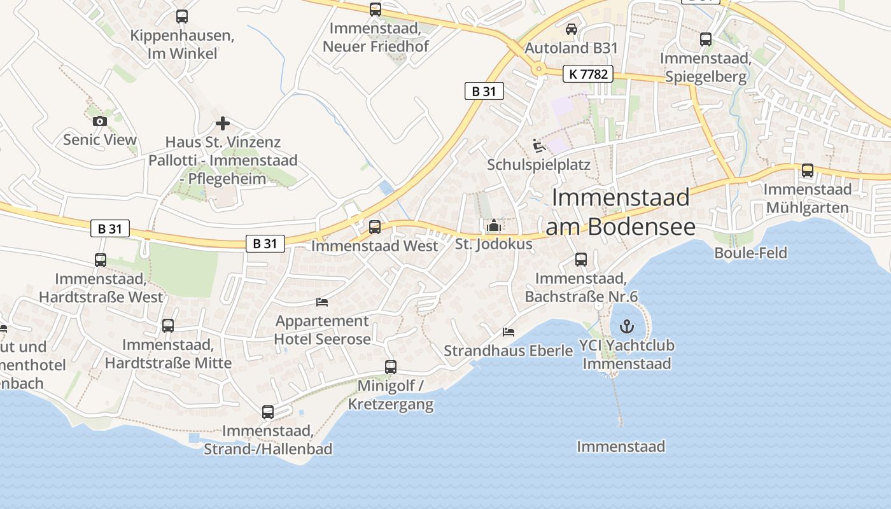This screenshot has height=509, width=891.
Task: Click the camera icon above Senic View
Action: [x=99, y=121]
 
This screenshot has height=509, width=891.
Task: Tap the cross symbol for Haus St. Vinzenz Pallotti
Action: [x=222, y=123]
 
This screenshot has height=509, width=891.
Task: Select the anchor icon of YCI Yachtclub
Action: [x=628, y=327]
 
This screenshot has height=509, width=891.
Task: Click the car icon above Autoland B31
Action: [x=571, y=29]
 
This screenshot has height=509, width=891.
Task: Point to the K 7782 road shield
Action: [x=587, y=74]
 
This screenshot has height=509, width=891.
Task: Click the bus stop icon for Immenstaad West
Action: [x=375, y=227]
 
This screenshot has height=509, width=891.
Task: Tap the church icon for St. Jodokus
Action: [x=493, y=225]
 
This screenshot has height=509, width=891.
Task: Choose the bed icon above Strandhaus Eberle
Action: [x=508, y=331]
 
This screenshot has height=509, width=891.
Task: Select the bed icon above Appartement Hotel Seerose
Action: [x=322, y=302]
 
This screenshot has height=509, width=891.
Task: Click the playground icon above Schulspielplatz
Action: [x=539, y=146]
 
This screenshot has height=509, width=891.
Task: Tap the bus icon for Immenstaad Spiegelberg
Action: [x=706, y=39]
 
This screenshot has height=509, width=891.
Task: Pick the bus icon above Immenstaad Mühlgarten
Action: [x=807, y=171]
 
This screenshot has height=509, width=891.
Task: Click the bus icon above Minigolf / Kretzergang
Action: [x=391, y=367]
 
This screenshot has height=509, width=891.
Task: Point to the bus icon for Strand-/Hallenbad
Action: [x=268, y=412]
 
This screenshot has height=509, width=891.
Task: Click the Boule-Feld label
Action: [x=750, y=253]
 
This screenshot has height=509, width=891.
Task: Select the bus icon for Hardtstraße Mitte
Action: [x=168, y=326]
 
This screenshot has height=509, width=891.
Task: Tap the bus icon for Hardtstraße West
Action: [x=101, y=260]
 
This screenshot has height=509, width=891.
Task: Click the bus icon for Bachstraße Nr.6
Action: [x=580, y=260]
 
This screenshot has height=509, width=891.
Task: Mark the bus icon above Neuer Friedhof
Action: [x=375, y=10]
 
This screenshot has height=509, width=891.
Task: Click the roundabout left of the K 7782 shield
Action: [x=539, y=69]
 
